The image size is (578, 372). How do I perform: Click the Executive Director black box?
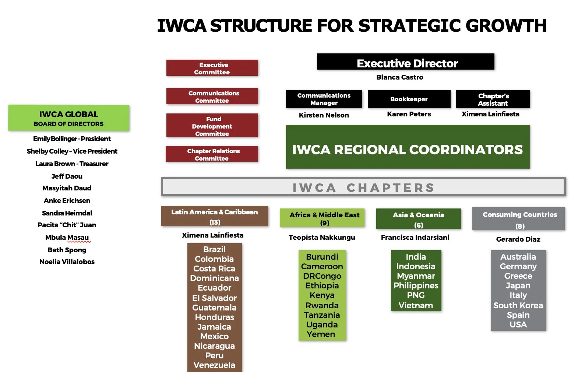(x=405, y=62)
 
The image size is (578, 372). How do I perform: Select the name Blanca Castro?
(x=399, y=77)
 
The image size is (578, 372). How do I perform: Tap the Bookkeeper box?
(x=409, y=99)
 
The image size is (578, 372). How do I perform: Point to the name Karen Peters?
(x=409, y=114)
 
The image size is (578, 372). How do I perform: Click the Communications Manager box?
(x=324, y=99)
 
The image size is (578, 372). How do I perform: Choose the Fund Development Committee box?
(x=212, y=126)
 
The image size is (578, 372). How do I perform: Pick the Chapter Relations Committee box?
(x=212, y=154)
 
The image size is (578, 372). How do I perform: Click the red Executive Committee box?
(x=212, y=68)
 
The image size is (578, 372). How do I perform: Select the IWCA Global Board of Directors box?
(x=69, y=118)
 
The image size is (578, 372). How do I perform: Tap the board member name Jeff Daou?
(x=67, y=176)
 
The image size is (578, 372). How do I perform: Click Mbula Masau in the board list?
(x=67, y=238)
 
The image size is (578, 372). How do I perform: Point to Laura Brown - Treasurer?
(x=72, y=164)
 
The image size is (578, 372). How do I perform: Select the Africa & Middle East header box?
(x=322, y=218)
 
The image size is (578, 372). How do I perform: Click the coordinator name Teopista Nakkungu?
(x=322, y=238)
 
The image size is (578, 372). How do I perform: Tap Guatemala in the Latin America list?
(x=214, y=308)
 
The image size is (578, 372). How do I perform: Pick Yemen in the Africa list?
(x=321, y=334)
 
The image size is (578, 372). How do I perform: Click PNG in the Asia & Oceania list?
(x=416, y=295)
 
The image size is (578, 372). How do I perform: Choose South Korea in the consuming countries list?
(x=518, y=305)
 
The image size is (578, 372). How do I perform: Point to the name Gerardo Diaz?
(x=518, y=239)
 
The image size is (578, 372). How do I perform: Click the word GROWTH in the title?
(x=506, y=26)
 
